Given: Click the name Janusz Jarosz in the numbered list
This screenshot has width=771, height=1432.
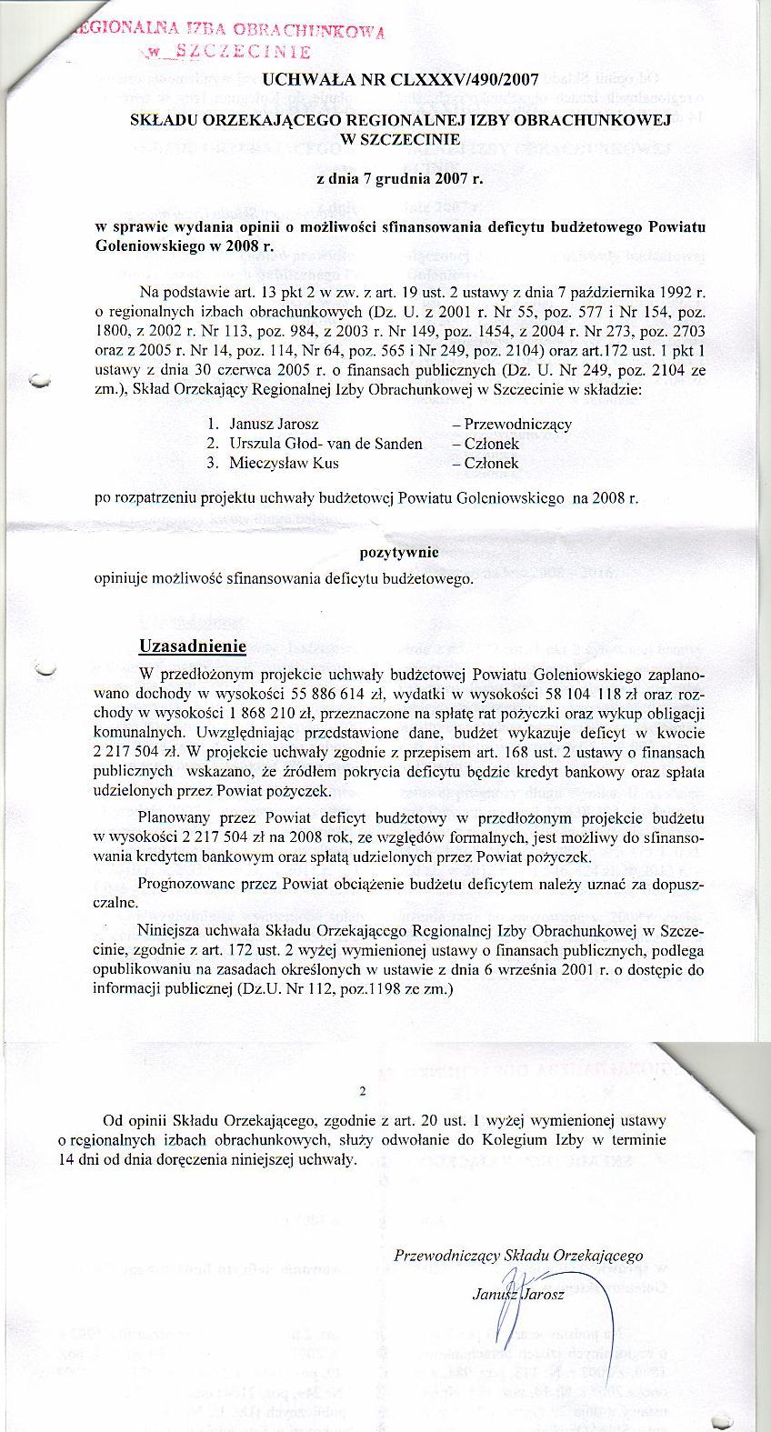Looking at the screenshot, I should point(274,424).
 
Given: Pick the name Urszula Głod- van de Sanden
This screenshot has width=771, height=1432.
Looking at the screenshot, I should point(325,444).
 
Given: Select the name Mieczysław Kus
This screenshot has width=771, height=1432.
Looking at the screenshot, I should point(284,464).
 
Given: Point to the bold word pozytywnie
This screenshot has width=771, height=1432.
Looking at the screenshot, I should point(400,552).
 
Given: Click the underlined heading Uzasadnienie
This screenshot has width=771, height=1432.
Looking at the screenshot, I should point(193,646).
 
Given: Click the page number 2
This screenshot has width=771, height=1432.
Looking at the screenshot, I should point(364,1092).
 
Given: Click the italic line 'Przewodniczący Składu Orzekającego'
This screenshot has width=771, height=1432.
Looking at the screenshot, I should point(519,1256).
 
